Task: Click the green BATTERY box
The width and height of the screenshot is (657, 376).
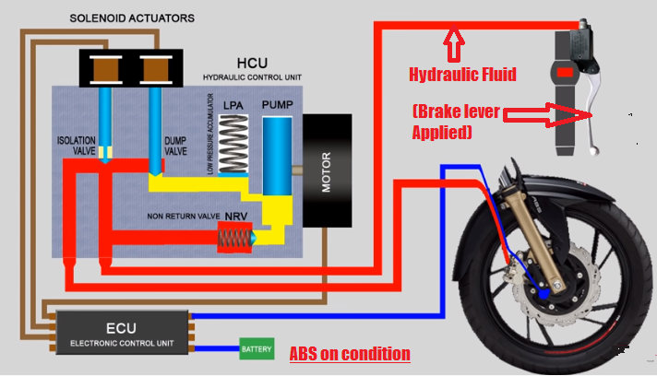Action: coord(257,349)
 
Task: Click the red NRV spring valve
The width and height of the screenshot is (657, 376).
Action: coord(232,240)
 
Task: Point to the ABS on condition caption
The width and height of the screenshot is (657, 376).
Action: coord(350,353)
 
